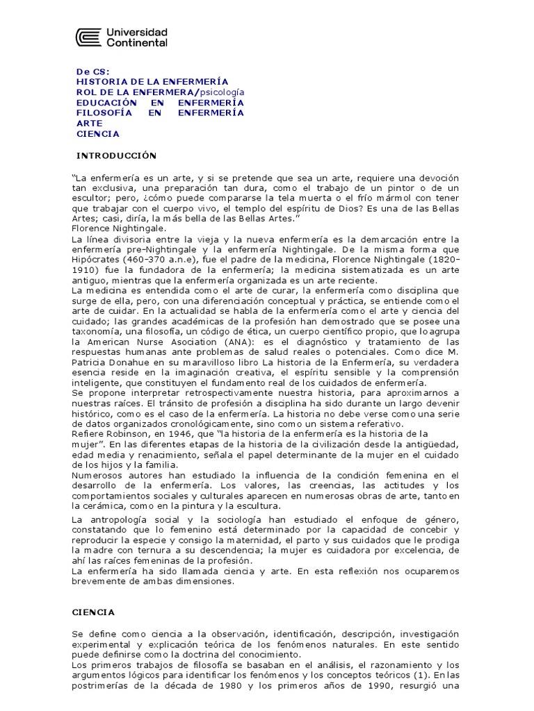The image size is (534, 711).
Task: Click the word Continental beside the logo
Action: tap(137, 43)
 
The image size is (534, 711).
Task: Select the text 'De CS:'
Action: tap(92, 71)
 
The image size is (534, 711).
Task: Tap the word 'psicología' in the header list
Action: tap(222, 92)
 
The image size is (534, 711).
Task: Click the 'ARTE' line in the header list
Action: tap(88, 123)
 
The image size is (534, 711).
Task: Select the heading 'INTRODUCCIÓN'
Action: tap(116, 155)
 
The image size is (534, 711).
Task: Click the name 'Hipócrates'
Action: tap(94, 260)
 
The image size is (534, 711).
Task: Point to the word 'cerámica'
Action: tap(109, 506)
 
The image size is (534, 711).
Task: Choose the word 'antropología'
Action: tap(122, 519)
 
